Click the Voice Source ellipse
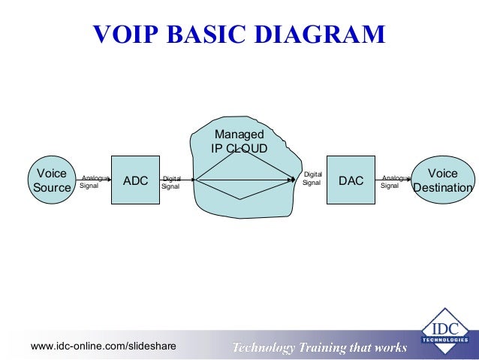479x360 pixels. [x=51, y=180]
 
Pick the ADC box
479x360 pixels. [x=136, y=180]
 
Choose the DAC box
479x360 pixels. [x=351, y=180]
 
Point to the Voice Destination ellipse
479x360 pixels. [x=443, y=180]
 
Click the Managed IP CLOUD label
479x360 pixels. [x=239, y=141]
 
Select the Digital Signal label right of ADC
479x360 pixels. [x=171, y=182]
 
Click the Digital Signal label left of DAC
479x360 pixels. [x=312, y=178]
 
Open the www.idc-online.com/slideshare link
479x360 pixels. [x=104, y=346]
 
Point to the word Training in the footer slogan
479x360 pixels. [x=327, y=347]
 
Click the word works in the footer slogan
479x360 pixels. [x=392, y=347]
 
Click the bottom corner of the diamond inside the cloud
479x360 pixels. [x=240, y=199]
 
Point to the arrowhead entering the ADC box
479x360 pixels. [x=110, y=180]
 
